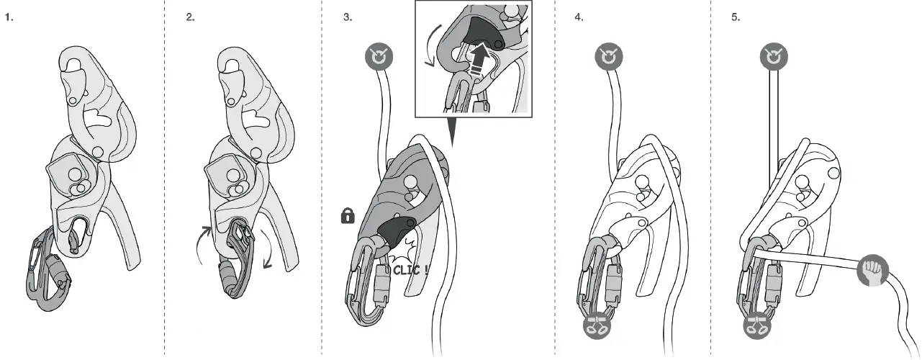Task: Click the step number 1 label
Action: tap(9, 17)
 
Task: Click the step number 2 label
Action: tap(190, 17)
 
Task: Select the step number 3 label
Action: tap(348, 17)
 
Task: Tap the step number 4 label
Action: tap(579, 17)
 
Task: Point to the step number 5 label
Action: tap(736, 17)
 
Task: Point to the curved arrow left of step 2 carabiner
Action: tap(204, 244)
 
